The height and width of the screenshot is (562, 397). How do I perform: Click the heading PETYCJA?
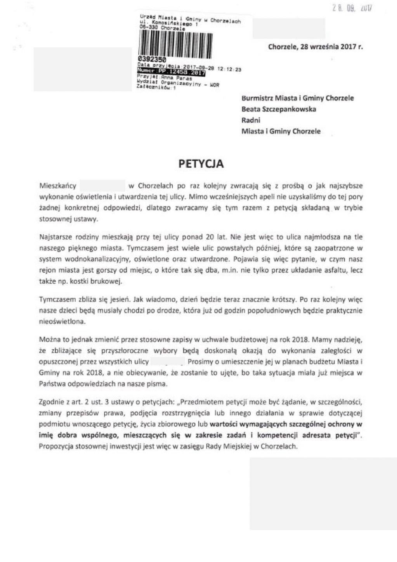[x=201, y=164]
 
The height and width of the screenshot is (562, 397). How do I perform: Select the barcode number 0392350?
[x=152, y=59]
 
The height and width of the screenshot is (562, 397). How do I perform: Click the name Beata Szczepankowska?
[x=279, y=109]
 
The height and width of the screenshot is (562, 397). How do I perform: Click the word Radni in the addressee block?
[x=251, y=120]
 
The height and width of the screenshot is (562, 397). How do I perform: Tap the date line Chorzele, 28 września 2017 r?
[x=315, y=47]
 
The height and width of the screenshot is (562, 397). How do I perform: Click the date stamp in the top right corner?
[x=352, y=8]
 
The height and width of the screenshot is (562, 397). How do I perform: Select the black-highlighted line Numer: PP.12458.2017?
[x=171, y=72]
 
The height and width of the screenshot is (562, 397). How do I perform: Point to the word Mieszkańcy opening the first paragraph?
[x=58, y=186]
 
